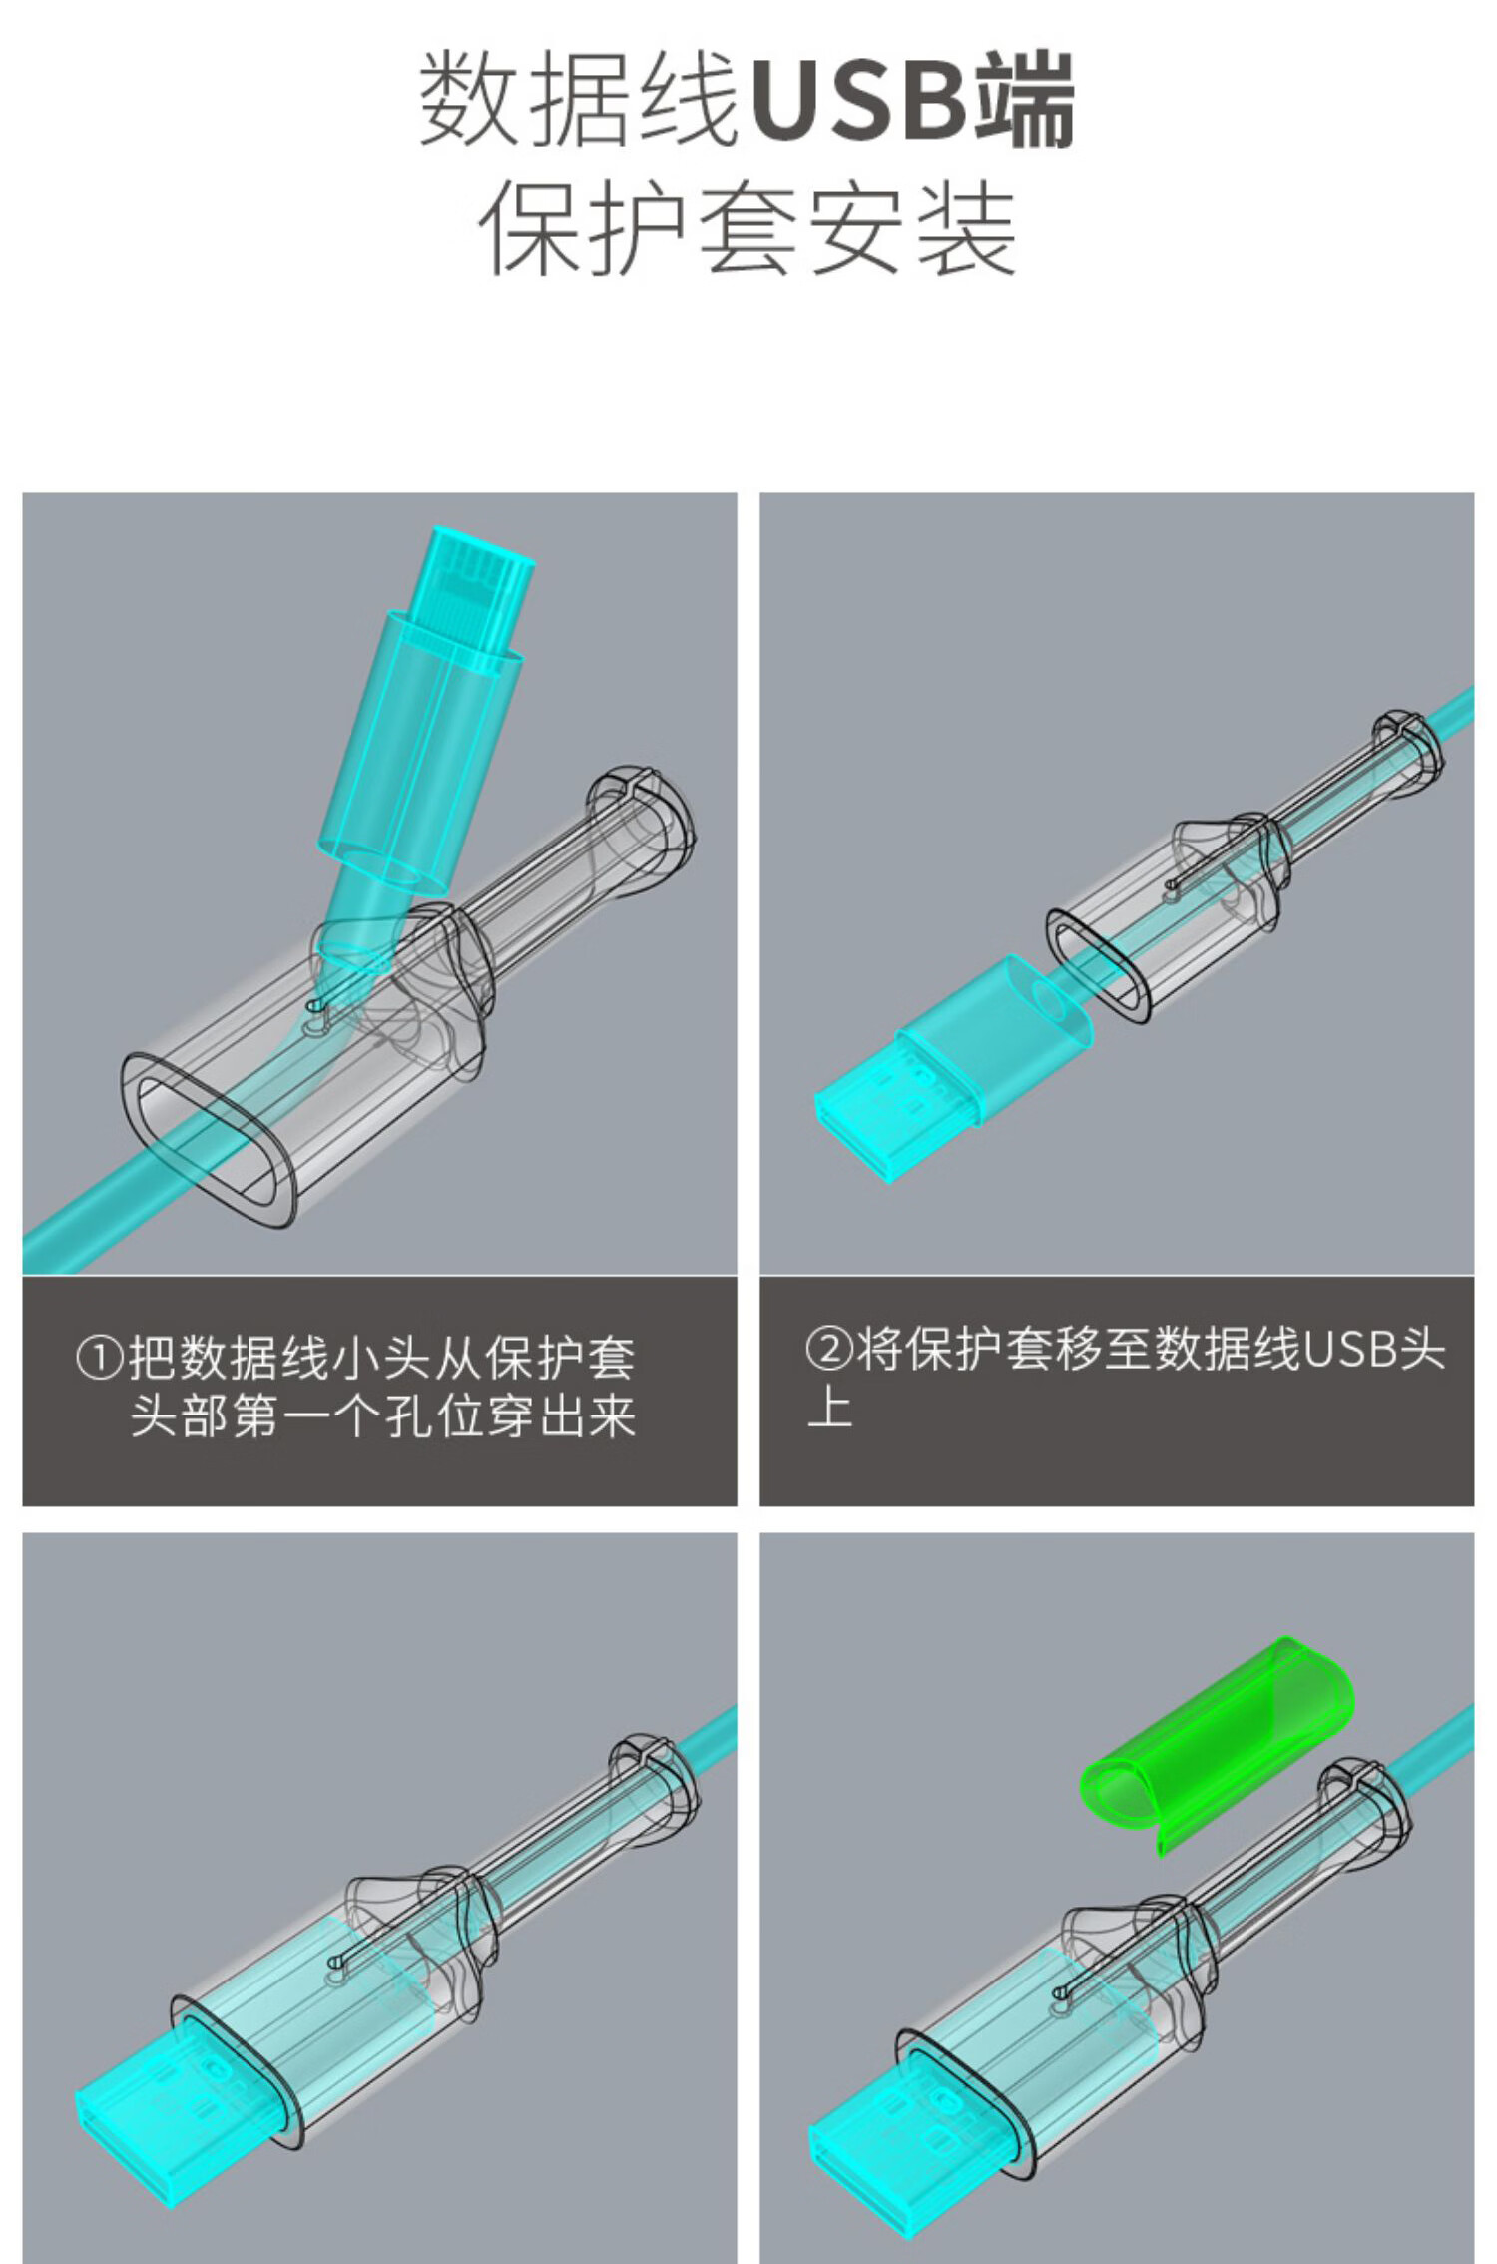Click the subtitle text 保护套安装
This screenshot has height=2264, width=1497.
748,228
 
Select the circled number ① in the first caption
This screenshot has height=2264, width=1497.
100,1359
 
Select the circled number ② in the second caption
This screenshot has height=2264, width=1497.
829,1349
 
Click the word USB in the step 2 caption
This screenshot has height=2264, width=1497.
1350,1349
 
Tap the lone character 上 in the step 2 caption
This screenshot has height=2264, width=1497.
830,1408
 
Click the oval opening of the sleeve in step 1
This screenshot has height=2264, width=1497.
210,1138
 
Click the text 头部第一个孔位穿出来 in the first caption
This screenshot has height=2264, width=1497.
383,1415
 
